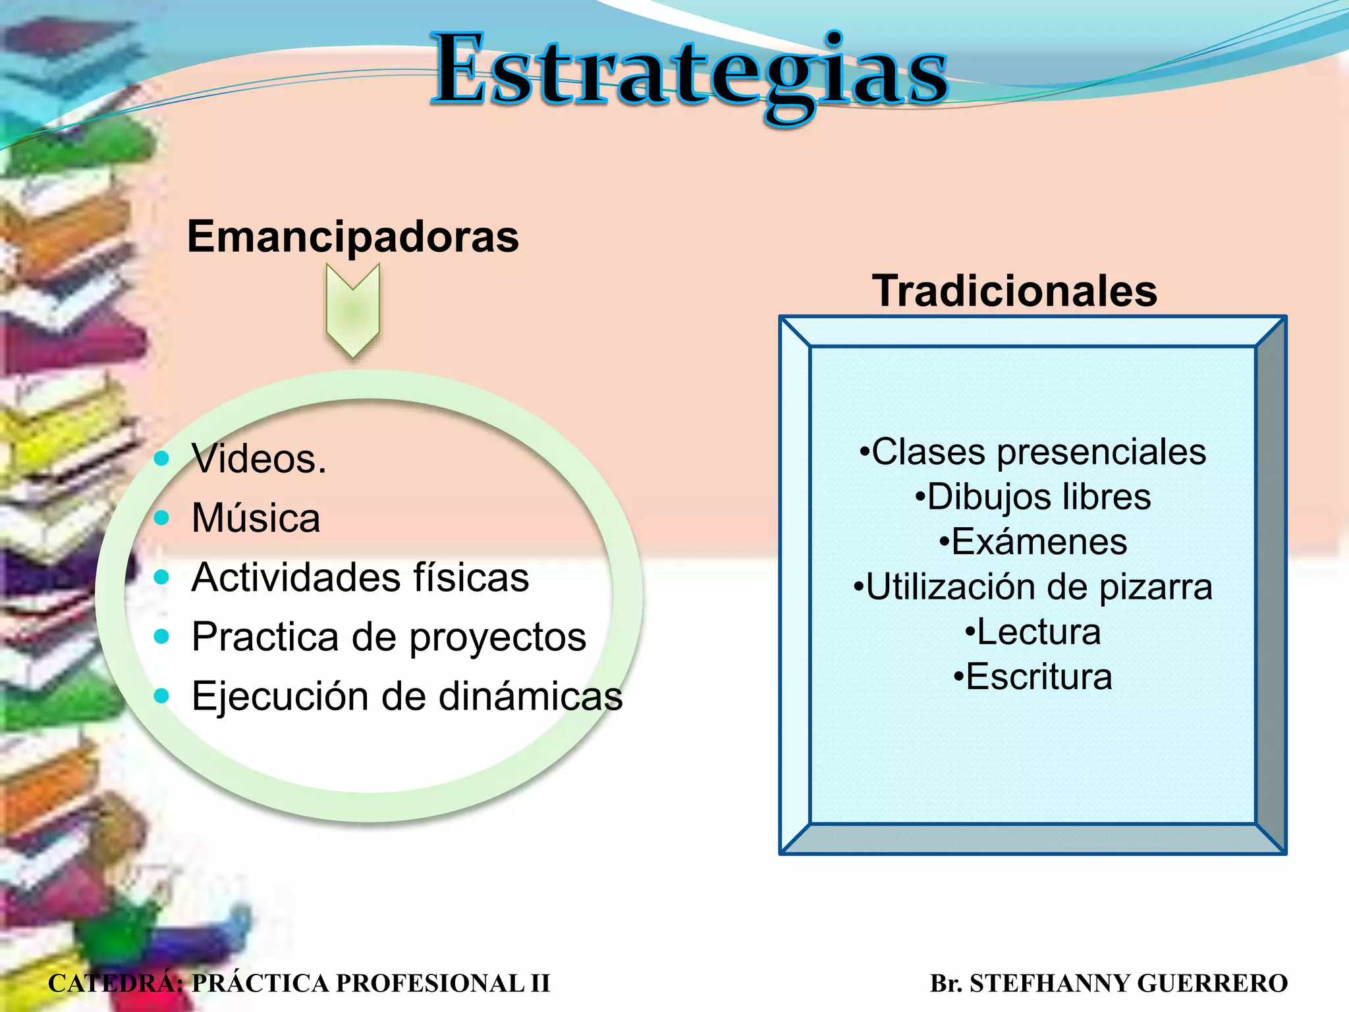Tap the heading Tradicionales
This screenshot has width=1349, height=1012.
[x=1014, y=291]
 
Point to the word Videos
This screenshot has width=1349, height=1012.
[x=259, y=459]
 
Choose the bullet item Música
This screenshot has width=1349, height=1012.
[x=256, y=518]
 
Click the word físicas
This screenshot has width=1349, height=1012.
[x=471, y=577]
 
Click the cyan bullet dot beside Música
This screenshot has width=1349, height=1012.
[x=161, y=518]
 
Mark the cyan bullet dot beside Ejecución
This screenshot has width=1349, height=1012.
[x=161, y=696]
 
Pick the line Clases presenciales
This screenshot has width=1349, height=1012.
[x=1033, y=452]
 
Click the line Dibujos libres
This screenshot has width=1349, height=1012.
[x=1033, y=497]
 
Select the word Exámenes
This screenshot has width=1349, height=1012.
[x=1039, y=542]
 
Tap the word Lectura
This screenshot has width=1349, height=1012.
[x=1039, y=632]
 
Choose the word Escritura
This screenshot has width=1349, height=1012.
[x=1039, y=677]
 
